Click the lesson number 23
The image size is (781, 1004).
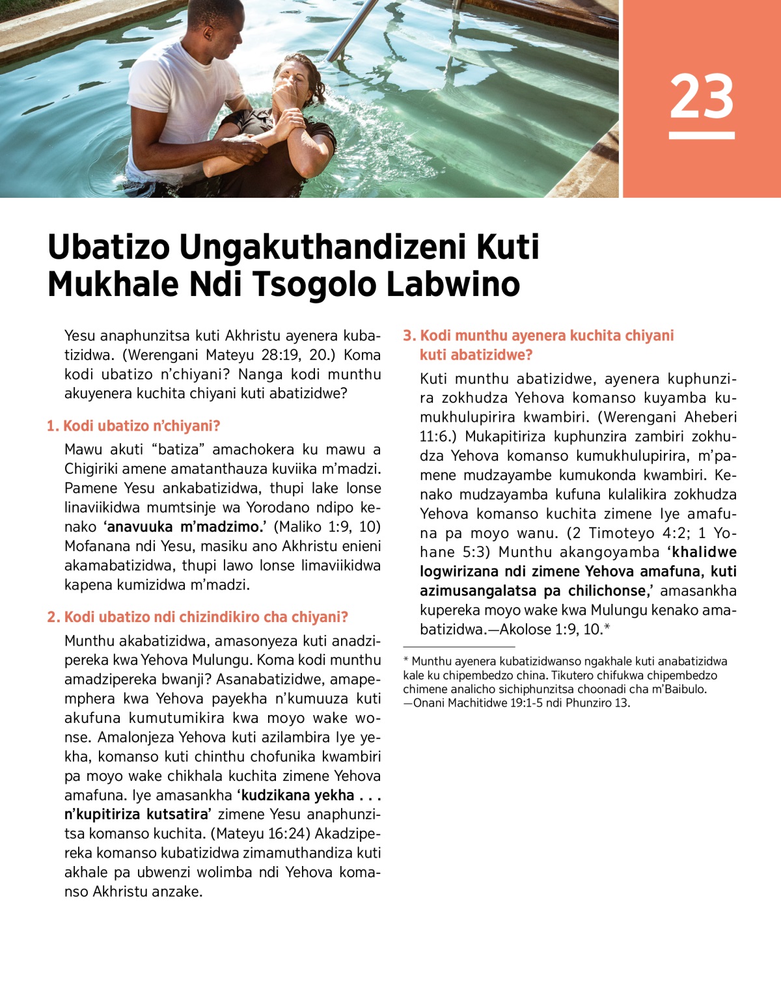click(x=702, y=96)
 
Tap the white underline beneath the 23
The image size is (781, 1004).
click(x=702, y=135)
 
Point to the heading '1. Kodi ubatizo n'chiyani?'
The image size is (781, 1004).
click(x=133, y=426)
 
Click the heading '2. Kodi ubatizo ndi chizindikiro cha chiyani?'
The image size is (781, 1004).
click(x=198, y=617)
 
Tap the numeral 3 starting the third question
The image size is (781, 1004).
click(x=408, y=336)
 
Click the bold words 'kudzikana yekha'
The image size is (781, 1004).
click(x=297, y=795)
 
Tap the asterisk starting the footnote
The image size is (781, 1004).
click(x=406, y=660)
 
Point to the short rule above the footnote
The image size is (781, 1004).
click(x=459, y=647)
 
